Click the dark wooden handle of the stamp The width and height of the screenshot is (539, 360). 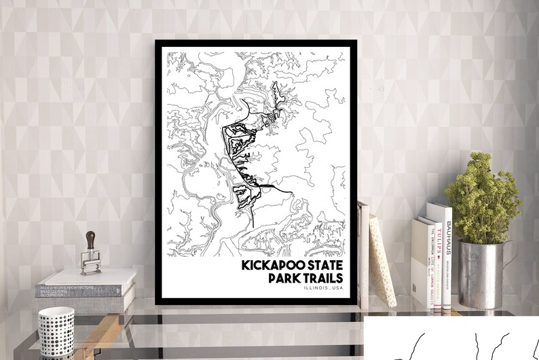click(90, 240)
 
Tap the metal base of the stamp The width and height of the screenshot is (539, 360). click(91, 264)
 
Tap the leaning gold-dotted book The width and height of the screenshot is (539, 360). click(382, 262)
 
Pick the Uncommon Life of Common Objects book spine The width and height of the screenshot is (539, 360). click(428, 268)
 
